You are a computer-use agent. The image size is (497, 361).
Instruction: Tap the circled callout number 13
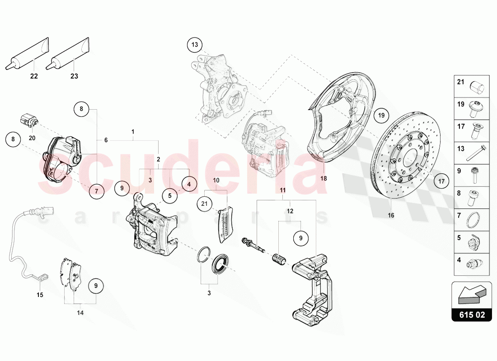(195, 45)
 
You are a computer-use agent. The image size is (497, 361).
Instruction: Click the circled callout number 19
(381, 116)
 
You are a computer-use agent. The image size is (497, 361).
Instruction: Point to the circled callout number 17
(441, 182)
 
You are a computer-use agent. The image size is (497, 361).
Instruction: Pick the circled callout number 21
(204, 204)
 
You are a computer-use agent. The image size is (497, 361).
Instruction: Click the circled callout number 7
(96, 191)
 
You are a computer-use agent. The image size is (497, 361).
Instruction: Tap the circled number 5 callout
(170, 196)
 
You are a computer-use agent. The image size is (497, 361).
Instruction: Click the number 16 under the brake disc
(391, 215)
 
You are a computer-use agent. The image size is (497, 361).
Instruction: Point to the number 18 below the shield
(324, 178)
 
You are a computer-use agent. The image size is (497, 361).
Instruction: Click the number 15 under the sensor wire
(40, 295)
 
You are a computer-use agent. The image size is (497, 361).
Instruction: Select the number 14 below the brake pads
(80, 312)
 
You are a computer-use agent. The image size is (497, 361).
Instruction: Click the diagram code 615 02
(471, 315)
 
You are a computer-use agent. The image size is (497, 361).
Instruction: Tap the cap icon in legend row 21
(477, 86)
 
